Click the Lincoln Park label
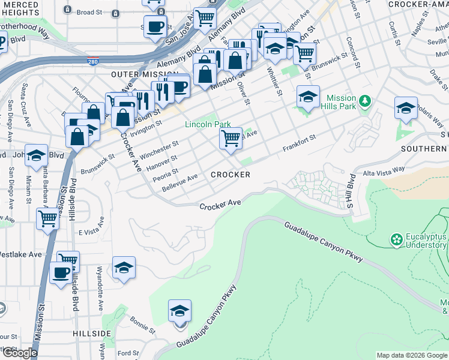207,125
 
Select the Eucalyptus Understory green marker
396,241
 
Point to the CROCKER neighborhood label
230,175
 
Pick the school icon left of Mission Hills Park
308,97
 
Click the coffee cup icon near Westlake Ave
61,273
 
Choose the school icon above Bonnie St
179,311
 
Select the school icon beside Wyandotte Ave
124,268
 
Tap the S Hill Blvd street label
351,192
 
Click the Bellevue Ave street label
180,184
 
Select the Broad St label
89,12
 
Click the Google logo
20,353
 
